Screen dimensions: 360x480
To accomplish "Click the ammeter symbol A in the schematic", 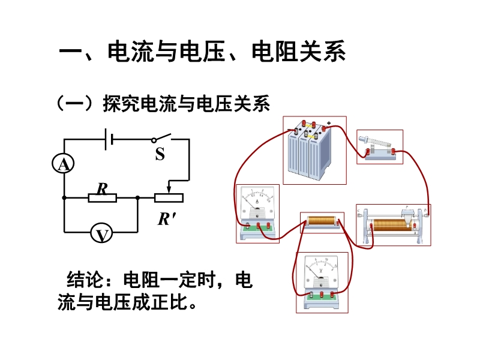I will pyautogui.click(x=64, y=164).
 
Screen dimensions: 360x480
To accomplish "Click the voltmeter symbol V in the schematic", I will pyautogui.click(x=102, y=234).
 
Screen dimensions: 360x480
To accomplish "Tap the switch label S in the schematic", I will pyautogui.click(x=160, y=155).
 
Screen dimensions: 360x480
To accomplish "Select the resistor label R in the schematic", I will pyautogui.click(x=102, y=188).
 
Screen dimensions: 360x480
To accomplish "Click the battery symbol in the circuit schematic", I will pyautogui.click(x=109, y=139).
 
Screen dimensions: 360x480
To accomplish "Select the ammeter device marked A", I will pyautogui.click(x=257, y=212).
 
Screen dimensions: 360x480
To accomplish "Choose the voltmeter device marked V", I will pyautogui.click(x=322, y=280).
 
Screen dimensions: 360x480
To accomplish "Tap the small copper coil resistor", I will pyautogui.click(x=322, y=223).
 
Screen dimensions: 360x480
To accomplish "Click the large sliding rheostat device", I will pyautogui.click(x=394, y=225).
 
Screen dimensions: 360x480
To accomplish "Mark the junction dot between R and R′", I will pyautogui.click(x=138, y=197).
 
